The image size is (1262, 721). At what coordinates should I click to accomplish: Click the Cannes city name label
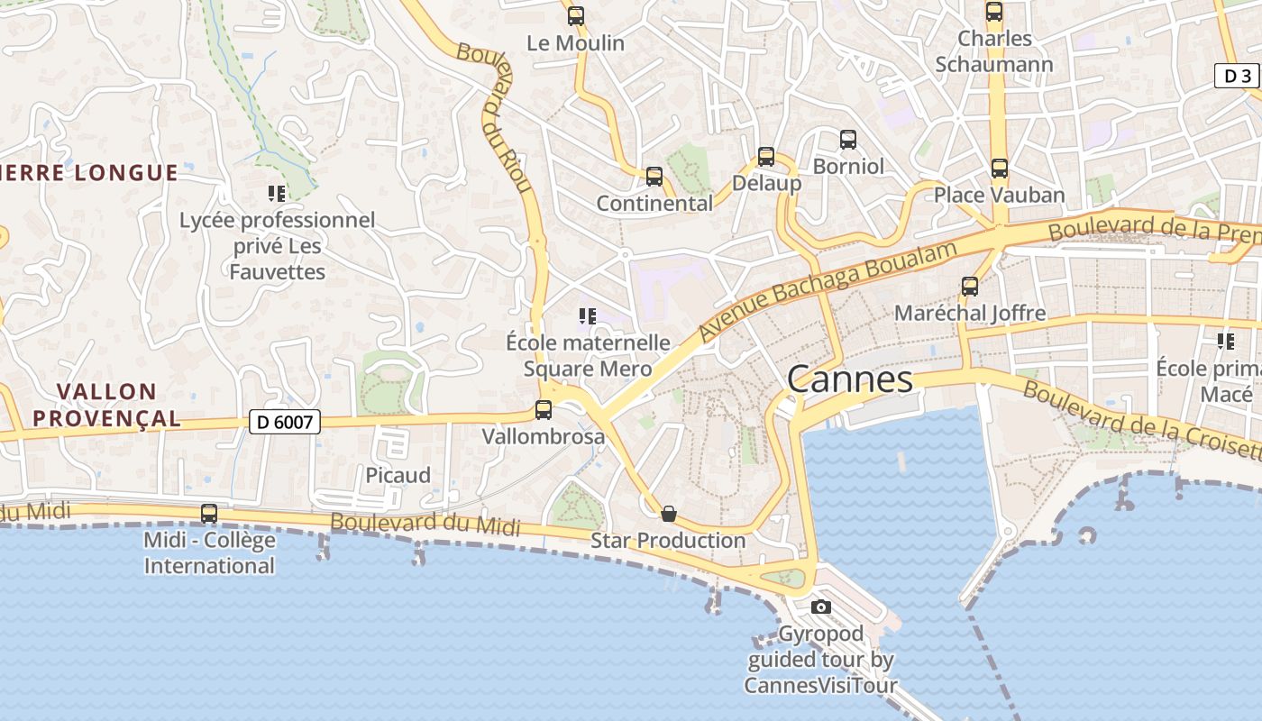(x=850, y=379)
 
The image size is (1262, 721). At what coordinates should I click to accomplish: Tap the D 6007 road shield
(x=285, y=422)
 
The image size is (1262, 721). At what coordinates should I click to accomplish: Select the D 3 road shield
(x=1238, y=76)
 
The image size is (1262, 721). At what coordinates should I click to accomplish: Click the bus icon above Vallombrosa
(x=544, y=410)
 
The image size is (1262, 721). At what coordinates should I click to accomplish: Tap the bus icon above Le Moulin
(x=576, y=16)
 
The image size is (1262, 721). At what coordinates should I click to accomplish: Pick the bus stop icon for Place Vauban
(x=999, y=169)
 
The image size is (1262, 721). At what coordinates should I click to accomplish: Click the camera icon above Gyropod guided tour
(x=820, y=607)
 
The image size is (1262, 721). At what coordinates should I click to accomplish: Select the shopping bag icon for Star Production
(x=669, y=514)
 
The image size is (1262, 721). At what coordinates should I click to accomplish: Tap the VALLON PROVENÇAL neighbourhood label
(x=119, y=405)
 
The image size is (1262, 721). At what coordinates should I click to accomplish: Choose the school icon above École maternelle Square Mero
(x=588, y=316)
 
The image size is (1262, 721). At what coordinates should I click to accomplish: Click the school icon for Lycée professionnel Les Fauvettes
(x=277, y=193)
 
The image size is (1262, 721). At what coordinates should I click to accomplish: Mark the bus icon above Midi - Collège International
(x=209, y=514)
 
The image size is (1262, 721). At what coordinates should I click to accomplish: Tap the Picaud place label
(x=398, y=475)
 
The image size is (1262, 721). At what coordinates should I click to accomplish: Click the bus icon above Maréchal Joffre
(x=970, y=287)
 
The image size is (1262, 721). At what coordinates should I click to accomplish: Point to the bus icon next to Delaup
(x=766, y=157)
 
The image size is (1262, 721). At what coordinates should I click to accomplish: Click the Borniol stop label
(x=848, y=166)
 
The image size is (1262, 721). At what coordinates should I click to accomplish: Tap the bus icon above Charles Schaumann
(x=994, y=12)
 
